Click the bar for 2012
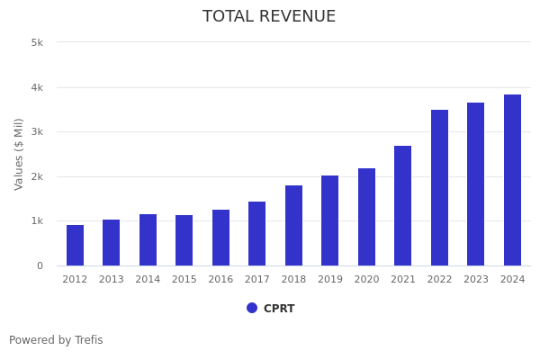tap(75, 245)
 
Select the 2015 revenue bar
tap(184, 240)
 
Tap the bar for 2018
tap(293, 225)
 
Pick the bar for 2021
tap(402, 205)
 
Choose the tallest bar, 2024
tap(512, 180)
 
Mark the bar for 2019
tap(330, 220)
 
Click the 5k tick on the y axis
tap(37, 42)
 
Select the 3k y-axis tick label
tap(37, 131)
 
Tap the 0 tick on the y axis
tap(40, 265)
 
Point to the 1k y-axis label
tap(37, 220)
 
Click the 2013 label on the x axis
tap(112, 280)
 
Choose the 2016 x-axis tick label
tap(220, 280)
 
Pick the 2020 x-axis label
tap(366, 280)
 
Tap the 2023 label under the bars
tap(476, 280)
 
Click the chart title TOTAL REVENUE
tap(269, 17)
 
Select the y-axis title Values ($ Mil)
tap(19, 154)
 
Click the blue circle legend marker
tap(252, 308)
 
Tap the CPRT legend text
tap(279, 309)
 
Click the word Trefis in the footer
tap(88, 340)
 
